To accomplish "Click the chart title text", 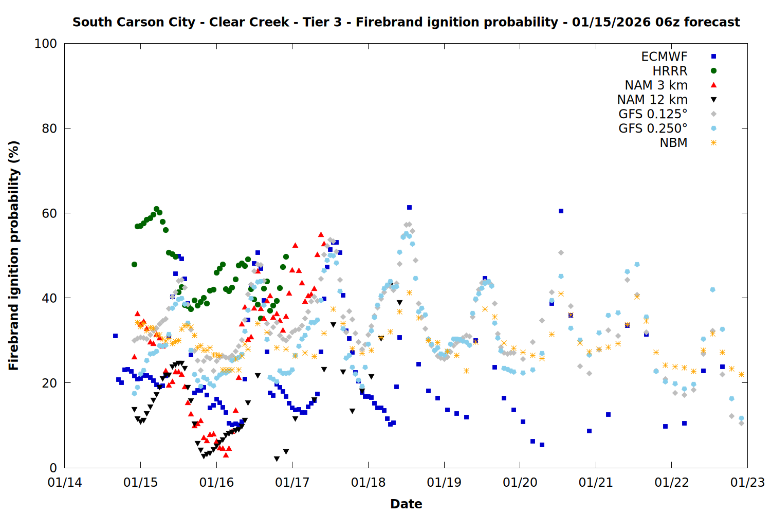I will [x=406, y=22].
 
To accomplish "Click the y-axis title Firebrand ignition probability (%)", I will [x=13, y=255].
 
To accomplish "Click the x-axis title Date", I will [x=406, y=504].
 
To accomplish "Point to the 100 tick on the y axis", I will [x=46, y=44].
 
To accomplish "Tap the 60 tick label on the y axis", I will [x=49, y=213].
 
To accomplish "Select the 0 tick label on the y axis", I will [x=53, y=468].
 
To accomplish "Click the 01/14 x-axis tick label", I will [x=65, y=483].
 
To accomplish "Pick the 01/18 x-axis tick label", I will [x=368, y=483].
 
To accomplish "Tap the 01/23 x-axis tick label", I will [x=747, y=483].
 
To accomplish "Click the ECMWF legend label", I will [x=664, y=57].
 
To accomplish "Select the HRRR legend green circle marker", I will [x=713, y=71].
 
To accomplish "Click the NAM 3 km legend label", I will [x=656, y=85].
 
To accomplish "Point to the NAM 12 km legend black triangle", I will [x=713, y=100].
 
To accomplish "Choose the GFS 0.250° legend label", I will [x=653, y=128].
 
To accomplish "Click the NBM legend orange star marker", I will [x=713, y=143].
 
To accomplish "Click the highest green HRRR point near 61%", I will [x=156, y=209].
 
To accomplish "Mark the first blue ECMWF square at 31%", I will [x=115, y=336].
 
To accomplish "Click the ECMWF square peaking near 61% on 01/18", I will [x=409, y=208].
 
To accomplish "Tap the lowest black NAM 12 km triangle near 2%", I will [x=277, y=458].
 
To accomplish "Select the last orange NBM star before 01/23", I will [x=741, y=374].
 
